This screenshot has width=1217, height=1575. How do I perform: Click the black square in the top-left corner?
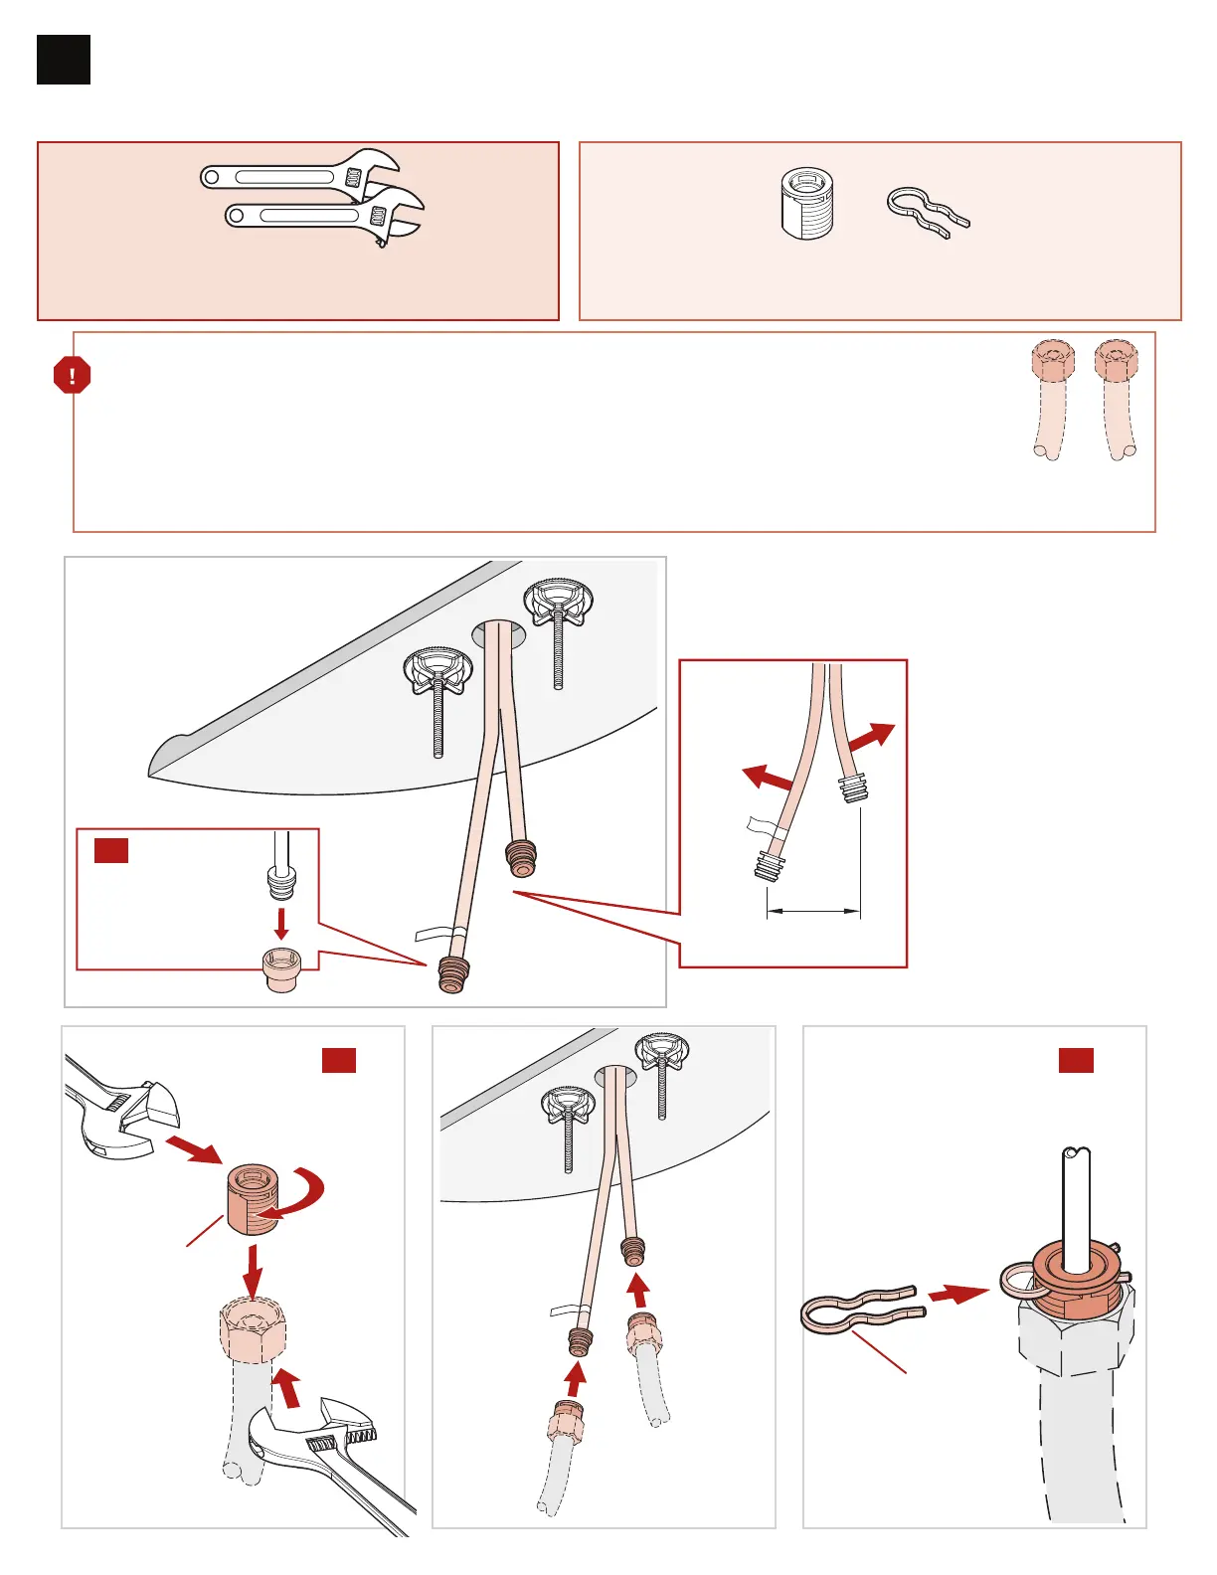click(x=64, y=60)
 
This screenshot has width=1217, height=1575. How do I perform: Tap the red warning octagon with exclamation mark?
click(x=72, y=376)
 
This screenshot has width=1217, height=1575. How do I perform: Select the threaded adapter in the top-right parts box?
click(x=806, y=204)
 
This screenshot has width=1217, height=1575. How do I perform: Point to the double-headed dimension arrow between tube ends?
click(x=812, y=909)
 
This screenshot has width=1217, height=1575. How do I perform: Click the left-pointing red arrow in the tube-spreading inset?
click(x=769, y=777)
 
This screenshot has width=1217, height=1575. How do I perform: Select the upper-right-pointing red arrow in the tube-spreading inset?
click(x=871, y=737)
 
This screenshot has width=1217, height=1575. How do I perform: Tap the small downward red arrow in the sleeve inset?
click(x=281, y=922)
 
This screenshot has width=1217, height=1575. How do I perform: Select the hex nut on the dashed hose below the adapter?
click(x=253, y=1328)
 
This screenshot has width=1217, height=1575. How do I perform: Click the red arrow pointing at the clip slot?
click(x=958, y=1294)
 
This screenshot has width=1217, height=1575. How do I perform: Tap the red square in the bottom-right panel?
click(x=1076, y=1060)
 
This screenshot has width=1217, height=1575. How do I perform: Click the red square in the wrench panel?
click(x=339, y=1060)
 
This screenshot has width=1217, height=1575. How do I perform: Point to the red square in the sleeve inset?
click(x=111, y=850)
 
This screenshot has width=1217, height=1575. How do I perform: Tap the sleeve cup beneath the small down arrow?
click(x=281, y=969)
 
